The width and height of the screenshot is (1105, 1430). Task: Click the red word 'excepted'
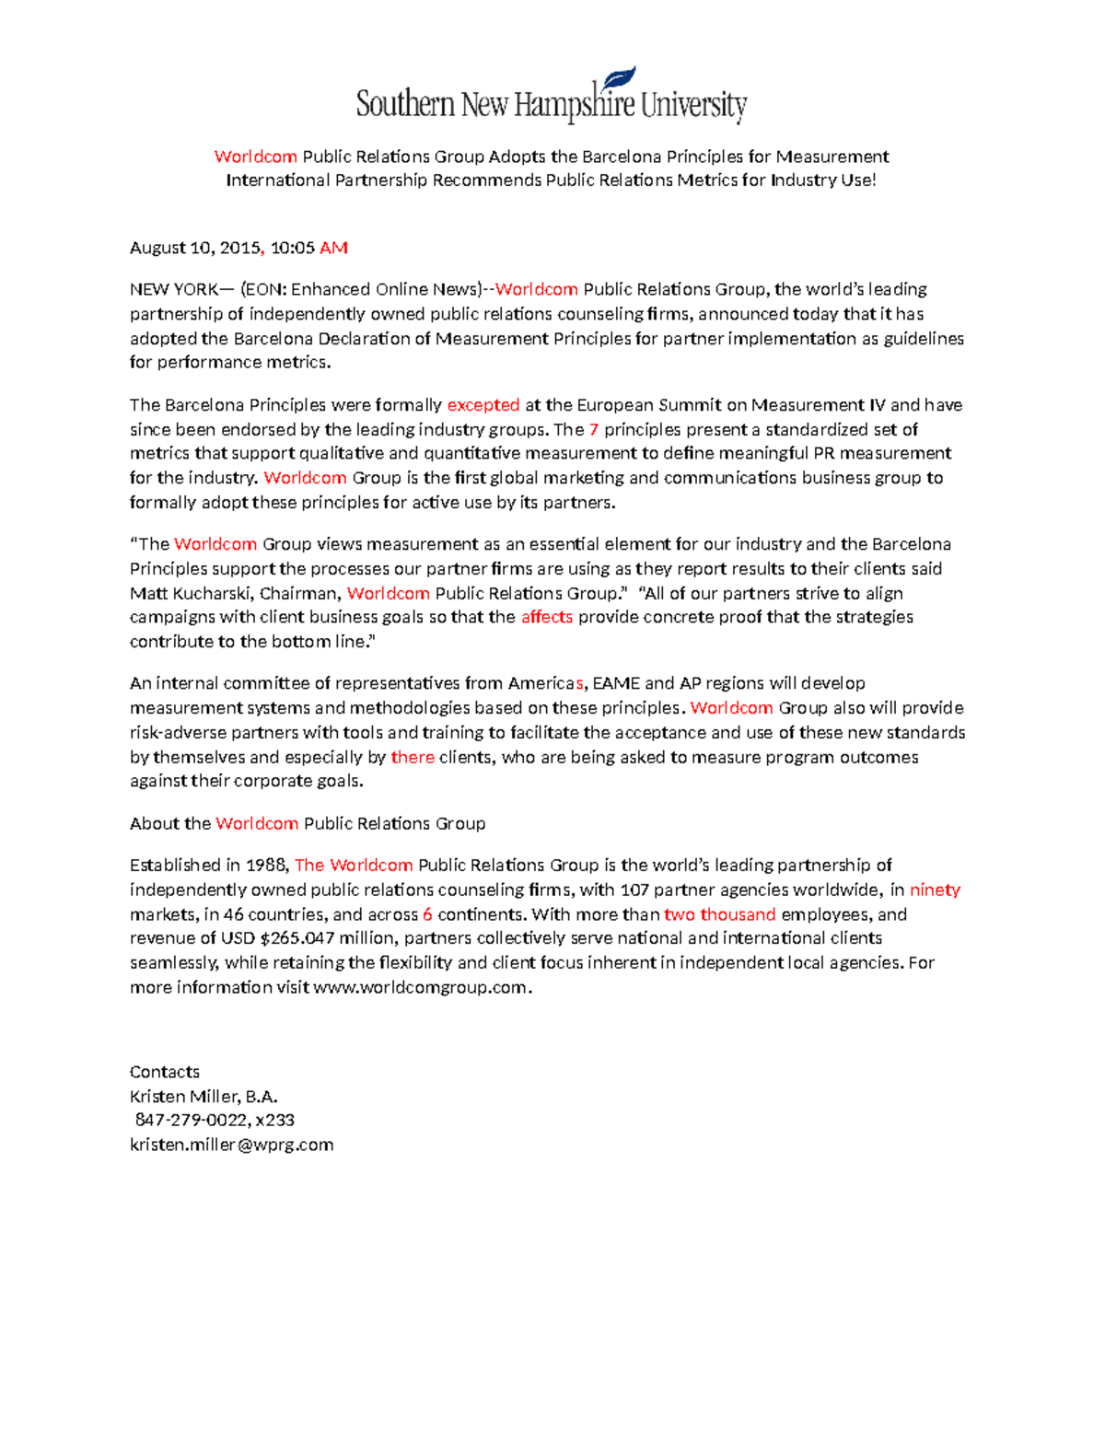483,405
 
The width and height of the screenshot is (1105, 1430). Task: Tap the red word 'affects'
547,617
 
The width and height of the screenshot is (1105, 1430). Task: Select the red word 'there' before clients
413,757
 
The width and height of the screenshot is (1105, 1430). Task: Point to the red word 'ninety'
935,889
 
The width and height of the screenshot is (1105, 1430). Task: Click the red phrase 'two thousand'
720,914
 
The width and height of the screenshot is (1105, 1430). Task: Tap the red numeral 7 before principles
594,429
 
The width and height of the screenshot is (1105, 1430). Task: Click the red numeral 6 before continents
427,914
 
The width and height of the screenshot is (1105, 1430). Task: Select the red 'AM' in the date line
333,248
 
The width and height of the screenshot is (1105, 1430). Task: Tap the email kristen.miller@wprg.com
231,1145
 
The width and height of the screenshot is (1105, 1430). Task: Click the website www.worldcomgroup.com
421,987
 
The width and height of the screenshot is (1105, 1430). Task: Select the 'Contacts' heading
165,1072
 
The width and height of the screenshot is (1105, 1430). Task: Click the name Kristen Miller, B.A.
204,1096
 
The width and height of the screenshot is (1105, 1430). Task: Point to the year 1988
267,866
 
